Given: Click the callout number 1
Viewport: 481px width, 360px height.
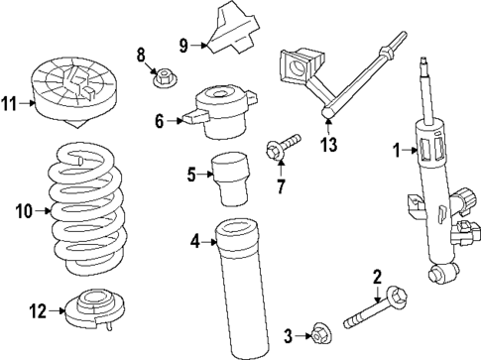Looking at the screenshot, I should tap(396, 151).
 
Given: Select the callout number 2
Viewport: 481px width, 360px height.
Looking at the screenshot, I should tap(377, 276).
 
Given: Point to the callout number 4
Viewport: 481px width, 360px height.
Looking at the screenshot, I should tap(195, 239).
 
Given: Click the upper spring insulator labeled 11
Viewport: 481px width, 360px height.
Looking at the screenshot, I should tap(71, 92).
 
